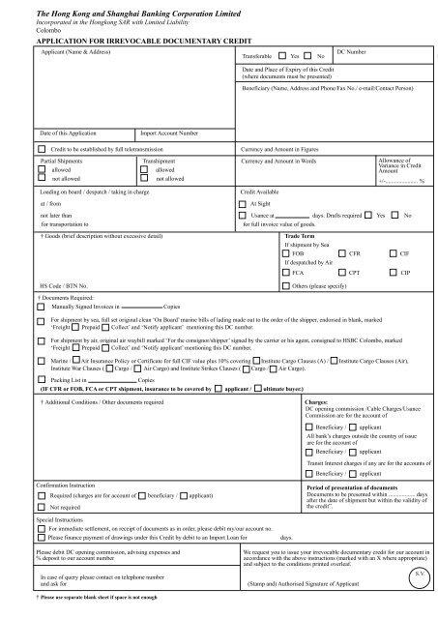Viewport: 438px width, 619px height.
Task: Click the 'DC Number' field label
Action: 354,49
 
